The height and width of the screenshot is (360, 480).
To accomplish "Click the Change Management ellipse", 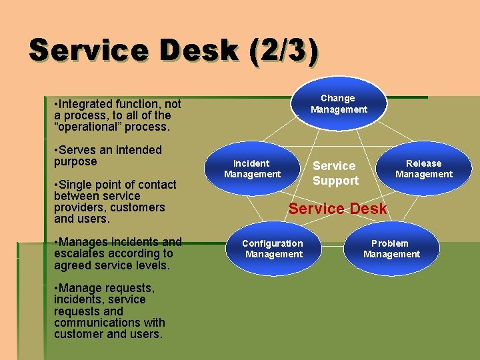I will [339, 103].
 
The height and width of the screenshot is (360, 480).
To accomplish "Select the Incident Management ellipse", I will [252, 169].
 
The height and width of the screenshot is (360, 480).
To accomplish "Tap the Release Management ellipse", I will [423, 169].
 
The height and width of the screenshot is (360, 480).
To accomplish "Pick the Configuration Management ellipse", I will [273, 249].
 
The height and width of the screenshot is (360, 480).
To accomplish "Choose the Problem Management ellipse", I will [391, 249].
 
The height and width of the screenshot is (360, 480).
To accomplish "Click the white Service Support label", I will [335, 173].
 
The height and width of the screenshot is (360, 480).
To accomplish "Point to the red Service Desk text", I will [337, 209].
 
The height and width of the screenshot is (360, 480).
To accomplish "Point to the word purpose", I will [75, 162].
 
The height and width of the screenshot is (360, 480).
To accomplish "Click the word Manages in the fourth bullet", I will [83, 242].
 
